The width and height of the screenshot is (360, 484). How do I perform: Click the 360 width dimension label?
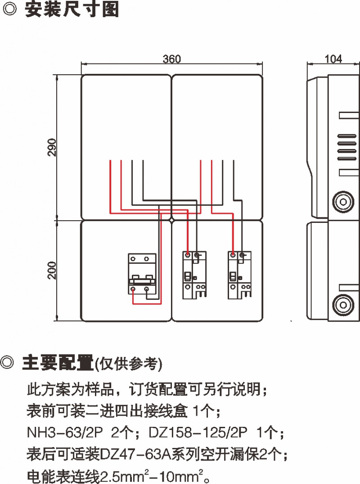point(171,59)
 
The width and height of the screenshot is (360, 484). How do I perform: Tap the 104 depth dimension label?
point(333,59)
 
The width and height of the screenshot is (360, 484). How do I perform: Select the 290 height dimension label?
point(52,147)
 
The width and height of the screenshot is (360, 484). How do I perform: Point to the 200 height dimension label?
point(52,270)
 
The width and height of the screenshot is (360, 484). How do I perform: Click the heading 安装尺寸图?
point(72,10)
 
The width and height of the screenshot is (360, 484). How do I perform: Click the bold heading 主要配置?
point(58,363)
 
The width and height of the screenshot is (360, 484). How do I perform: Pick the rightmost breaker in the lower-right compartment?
point(240,275)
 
